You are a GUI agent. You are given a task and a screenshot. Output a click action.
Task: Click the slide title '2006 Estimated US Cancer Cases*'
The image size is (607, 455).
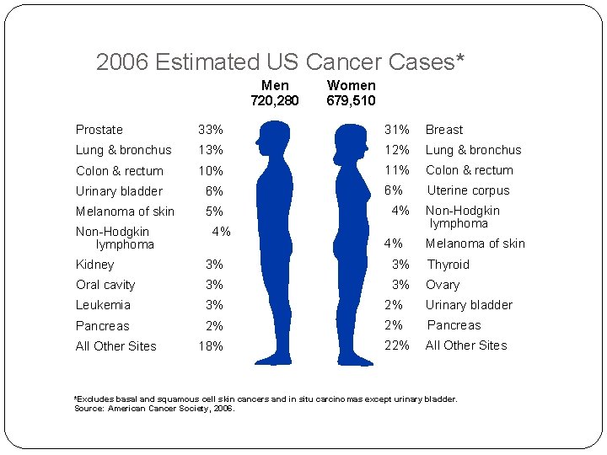[281, 62]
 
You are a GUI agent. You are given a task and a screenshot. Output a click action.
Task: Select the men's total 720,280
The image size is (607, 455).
[275, 101]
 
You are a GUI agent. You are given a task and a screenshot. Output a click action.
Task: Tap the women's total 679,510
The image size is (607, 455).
[351, 101]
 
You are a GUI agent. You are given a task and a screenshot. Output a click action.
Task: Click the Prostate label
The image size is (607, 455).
[99, 130]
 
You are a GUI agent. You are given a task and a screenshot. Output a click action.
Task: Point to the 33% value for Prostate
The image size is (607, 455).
[210, 130]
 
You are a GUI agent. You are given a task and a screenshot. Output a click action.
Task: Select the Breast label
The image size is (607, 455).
[444, 130]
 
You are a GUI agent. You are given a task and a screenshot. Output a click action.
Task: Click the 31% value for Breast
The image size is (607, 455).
[397, 130]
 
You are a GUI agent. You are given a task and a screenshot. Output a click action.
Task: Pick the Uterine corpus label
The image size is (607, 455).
[468, 190]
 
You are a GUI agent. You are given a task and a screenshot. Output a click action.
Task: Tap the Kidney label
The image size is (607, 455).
[94, 265]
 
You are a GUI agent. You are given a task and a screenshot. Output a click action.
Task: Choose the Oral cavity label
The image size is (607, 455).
[105, 285]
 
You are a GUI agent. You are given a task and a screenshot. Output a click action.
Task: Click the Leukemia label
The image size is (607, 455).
[103, 305]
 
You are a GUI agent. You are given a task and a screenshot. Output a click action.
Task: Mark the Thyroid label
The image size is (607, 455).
[448, 265]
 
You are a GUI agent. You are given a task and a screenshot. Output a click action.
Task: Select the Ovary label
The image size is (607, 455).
[443, 285]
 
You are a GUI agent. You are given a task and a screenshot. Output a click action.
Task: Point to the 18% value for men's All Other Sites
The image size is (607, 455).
[211, 346]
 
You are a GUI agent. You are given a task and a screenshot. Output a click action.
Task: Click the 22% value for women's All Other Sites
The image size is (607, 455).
[397, 345]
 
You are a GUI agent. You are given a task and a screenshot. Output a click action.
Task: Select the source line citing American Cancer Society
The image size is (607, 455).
[155, 409]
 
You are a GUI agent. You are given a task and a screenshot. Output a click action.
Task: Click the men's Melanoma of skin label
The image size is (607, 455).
[125, 211]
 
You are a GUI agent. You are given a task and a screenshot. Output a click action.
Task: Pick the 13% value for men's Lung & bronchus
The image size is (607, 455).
[210, 150]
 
